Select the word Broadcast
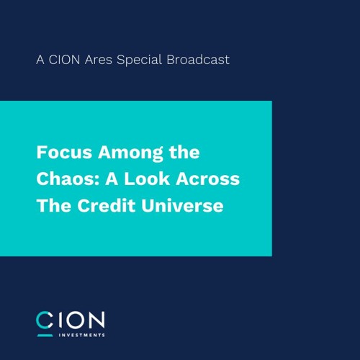198,60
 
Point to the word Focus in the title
59,153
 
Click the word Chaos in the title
63,179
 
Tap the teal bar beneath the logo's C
45,334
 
